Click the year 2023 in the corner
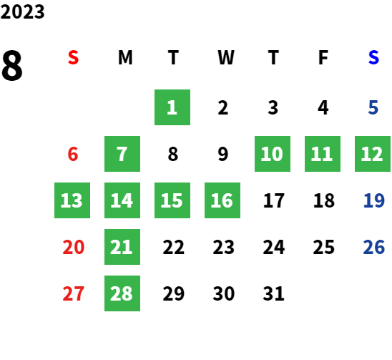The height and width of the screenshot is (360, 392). click(x=22, y=11)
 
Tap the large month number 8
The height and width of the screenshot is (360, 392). click(x=12, y=65)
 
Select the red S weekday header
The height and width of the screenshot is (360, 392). click(x=73, y=57)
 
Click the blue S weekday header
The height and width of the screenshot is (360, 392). click(x=373, y=57)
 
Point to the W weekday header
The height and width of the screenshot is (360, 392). click(x=226, y=57)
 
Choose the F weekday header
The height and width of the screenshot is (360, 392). click(x=323, y=57)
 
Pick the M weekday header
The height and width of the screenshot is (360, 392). click(x=125, y=57)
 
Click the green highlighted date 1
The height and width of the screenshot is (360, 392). click(x=172, y=107)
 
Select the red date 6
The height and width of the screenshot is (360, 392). click(x=73, y=154)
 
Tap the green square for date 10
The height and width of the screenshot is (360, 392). click(x=273, y=154)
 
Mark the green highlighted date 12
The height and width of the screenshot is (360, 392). click(x=373, y=154)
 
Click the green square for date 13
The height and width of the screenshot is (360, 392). click(x=72, y=200)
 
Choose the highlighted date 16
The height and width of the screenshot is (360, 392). click(x=222, y=200)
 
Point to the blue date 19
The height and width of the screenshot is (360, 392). click(x=374, y=200)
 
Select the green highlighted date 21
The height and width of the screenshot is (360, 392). click(x=122, y=247)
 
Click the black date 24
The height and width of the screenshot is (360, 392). click(x=274, y=247)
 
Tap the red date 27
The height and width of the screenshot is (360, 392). click(x=74, y=293)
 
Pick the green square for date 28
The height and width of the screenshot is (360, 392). click(x=122, y=293)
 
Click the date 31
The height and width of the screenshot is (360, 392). click(x=273, y=293)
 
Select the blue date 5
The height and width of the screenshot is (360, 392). click(x=373, y=107)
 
